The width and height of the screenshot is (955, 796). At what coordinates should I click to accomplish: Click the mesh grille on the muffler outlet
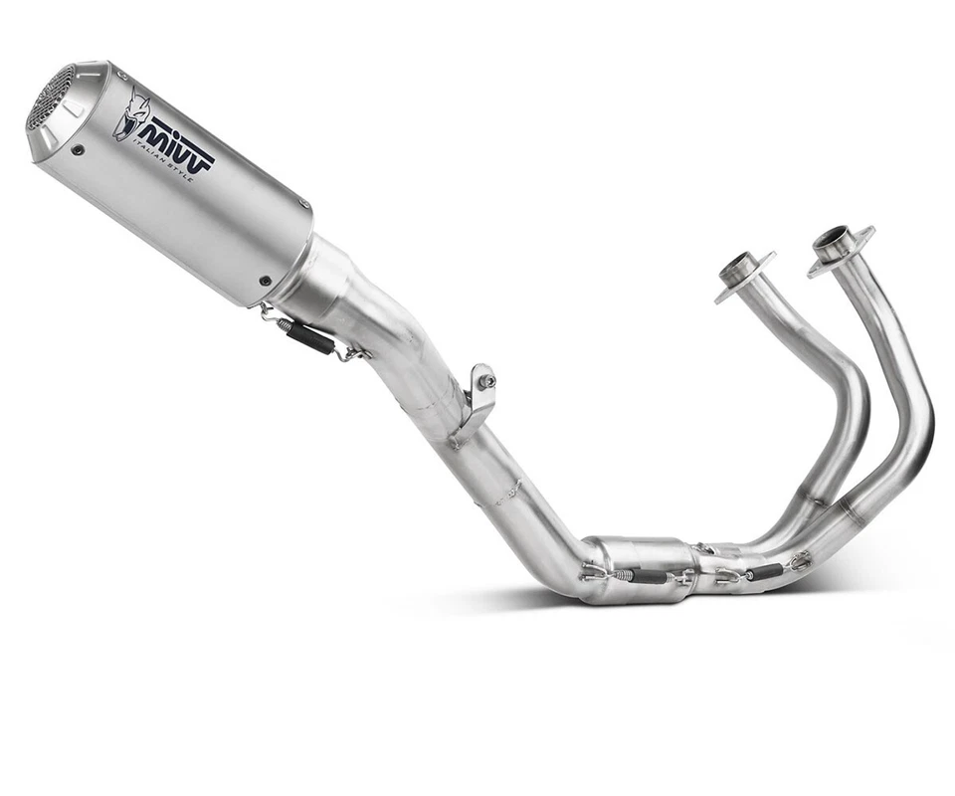(50, 97)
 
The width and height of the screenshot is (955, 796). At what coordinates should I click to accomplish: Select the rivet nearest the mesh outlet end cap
(79, 150)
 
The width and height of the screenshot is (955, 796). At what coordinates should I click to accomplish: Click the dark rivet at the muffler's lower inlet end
(265, 281)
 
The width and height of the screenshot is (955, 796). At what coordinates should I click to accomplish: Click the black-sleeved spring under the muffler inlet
(311, 336)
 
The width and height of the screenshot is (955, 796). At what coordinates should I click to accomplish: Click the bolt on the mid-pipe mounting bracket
(485, 379)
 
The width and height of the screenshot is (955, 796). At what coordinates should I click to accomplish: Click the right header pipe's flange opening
(834, 239)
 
